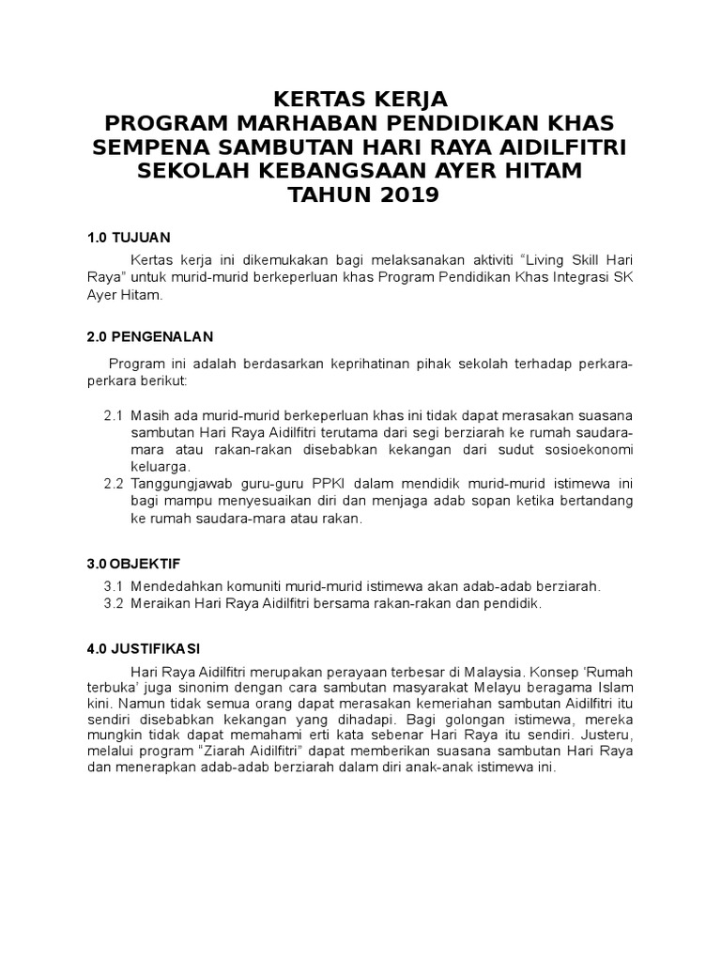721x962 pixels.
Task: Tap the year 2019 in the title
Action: tap(402, 195)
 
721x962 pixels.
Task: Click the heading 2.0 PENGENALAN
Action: tap(149, 336)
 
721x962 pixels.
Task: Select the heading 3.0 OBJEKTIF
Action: tap(133, 564)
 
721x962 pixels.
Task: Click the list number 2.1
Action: tap(114, 416)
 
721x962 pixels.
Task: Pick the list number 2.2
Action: tap(114, 484)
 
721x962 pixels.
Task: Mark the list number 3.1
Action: tap(114, 586)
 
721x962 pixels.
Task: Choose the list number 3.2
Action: tap(114, 603)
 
